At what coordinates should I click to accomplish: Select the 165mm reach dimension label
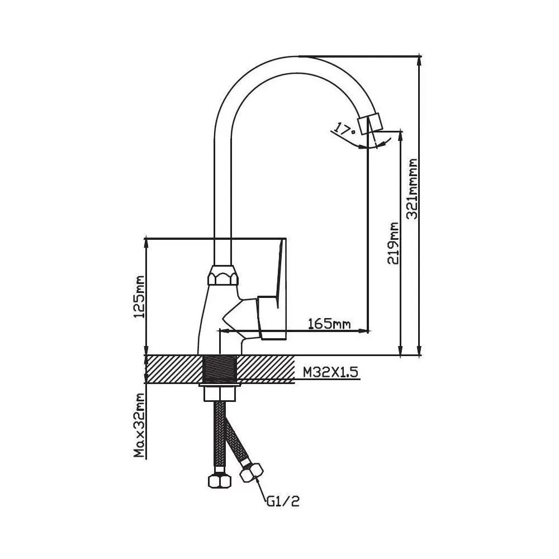pyautogui.click(x=329, y=324)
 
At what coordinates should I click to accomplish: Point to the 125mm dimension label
pyautogui.click(x=140, y=296)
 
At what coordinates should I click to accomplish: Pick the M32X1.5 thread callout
pyautogui.click(x=330, y=371)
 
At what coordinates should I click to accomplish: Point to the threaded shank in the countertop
pyautogui.click(x=220, y=369)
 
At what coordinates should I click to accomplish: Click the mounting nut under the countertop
pyautogui.click(x=220, y=391)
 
